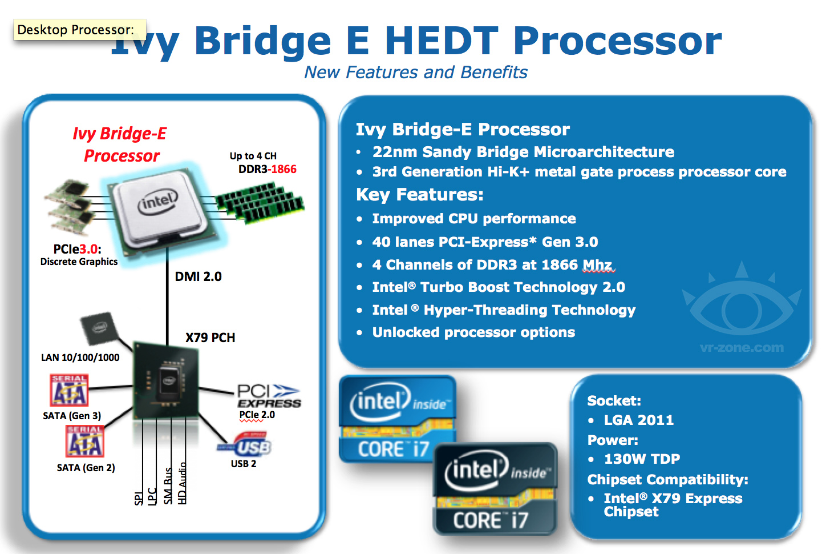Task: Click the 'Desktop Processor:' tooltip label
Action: [76, 30]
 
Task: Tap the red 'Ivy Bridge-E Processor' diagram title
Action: [120, 144]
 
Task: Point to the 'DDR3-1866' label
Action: [267, 169]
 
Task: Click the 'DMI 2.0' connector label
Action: [198, 276]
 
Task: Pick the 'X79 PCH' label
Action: [210, 338]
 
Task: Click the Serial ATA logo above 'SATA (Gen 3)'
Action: [69, 390]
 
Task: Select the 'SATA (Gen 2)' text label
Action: [86, 468]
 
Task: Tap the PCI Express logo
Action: [268, 396]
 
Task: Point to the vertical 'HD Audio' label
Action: [183, 483]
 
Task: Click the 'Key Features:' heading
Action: [419, 195]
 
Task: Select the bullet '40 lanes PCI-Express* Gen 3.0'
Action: [485, 242]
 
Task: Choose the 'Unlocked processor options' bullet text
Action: [473, 332]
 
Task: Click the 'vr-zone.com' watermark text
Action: [742, 347]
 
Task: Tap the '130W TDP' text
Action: [642, 459]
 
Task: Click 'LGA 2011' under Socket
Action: [639, 420]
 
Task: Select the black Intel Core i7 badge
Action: [494, 489]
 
